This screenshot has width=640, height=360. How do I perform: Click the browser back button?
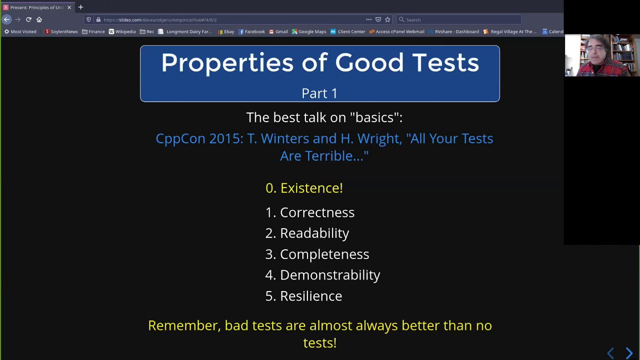7,19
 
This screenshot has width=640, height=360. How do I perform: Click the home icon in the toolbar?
39,19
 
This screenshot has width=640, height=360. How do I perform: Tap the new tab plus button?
80,7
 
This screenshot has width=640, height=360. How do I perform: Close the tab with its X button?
69,7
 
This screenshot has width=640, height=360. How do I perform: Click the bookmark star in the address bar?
387,19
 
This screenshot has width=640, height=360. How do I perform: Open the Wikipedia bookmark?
122,31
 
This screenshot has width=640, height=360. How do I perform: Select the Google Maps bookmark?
309,31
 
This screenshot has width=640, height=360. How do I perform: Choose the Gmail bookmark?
278,31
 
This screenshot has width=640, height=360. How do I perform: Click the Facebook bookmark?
251,31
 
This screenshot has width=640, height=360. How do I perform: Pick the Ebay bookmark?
226,31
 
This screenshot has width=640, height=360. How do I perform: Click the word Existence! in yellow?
311,188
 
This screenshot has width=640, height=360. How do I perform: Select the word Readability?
314,233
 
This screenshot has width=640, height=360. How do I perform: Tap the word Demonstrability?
330,275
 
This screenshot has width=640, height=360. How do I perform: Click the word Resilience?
311,296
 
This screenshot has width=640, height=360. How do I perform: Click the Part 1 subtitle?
319,93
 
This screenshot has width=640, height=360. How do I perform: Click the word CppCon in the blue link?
180,139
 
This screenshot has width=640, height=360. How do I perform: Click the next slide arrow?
629,353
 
